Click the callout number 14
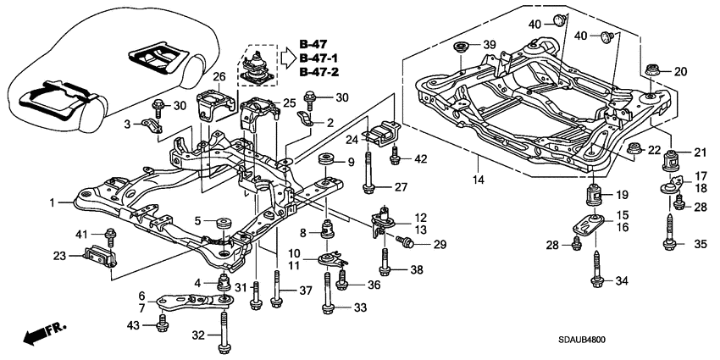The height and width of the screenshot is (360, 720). (x=479, y=180)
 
